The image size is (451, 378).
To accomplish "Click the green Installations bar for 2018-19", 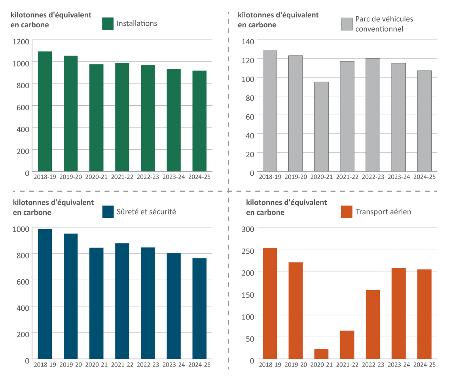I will pyautogui.click(x=45, y=112).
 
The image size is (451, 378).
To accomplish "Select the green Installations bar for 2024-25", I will pyautogui.click(x=199, y=121).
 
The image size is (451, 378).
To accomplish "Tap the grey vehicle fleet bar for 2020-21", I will pyautogui.click(x=321, y=127).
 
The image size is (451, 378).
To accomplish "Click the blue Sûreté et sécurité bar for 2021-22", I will pyautogui.click(x=122, y=301).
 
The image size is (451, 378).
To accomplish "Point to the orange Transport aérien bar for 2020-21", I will pyautogui.click(x=321, y=354).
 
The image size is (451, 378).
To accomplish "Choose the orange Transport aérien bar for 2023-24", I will pyautogui.click(x=398, y=313).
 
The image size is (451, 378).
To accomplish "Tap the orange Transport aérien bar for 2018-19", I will pyautogui.click(x=270, y=303).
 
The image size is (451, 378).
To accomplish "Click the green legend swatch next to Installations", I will pyautogui.click(x=108, y=23).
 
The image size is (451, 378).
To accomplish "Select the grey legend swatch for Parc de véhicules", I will pyautogui.click(x=347, y=24).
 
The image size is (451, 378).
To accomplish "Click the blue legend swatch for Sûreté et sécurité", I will pyautogui.click(x=108, y=212).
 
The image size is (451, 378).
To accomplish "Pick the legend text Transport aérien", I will pyautogui.click(x=383, y=212).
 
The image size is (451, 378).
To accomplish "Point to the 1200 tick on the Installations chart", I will pyautogui.click(x=21, y=42).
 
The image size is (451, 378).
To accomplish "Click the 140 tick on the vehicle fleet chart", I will pyautogui.click(x=248, y=42).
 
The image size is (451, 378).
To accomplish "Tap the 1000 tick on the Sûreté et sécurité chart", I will pyautogui.click(x=21, y=229).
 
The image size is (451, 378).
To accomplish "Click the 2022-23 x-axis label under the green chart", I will pyautogui.click(x=148, y=177).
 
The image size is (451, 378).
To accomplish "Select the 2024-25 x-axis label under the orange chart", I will pyautogui.click(x=424, y=364).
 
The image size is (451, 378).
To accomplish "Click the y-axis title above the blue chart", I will pyautogui.click(x=53, y=207).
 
